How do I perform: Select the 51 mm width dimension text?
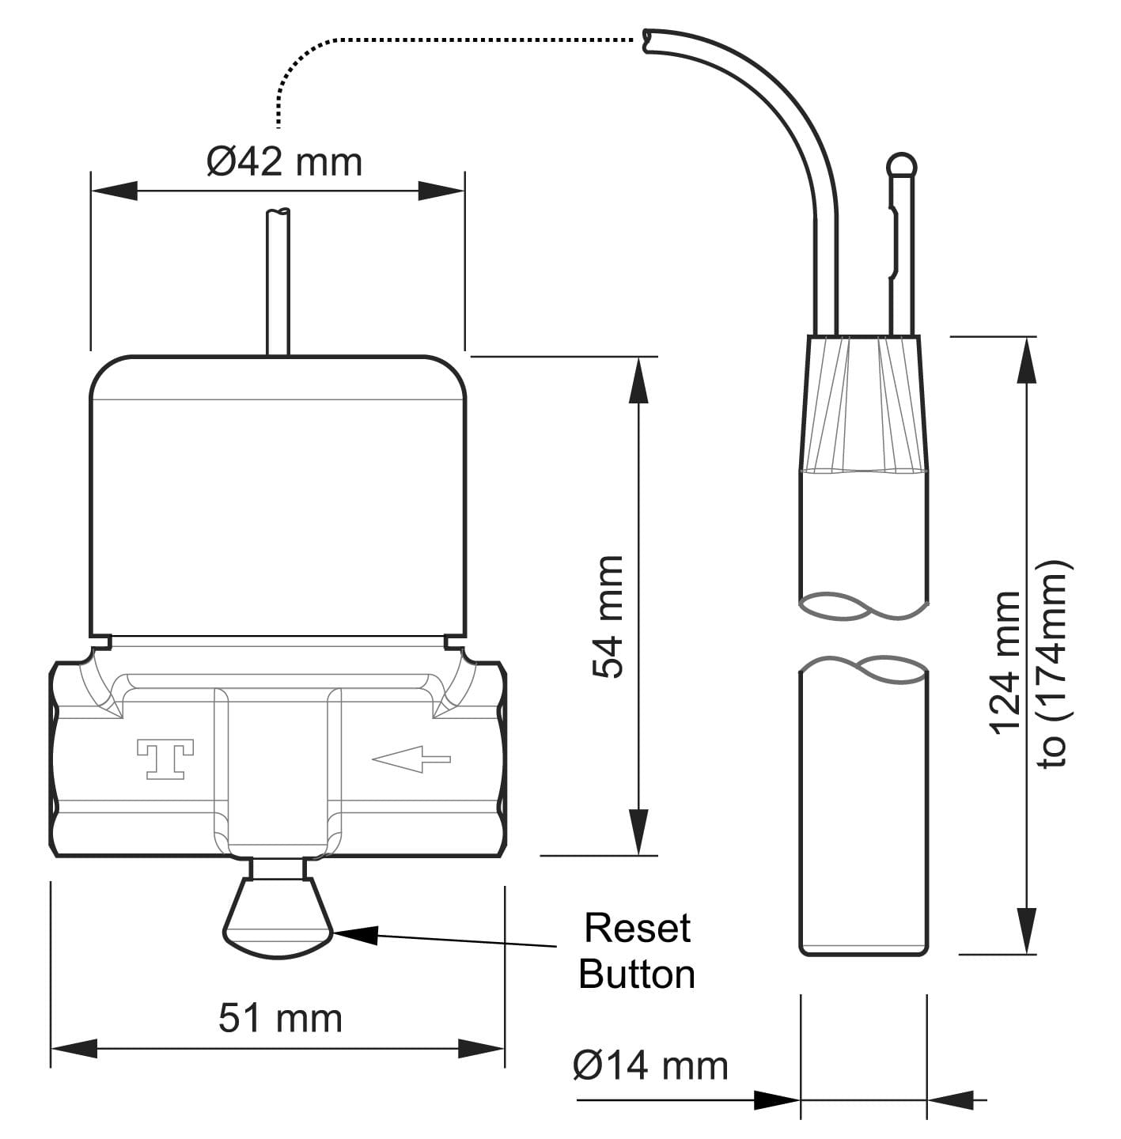click(x=280, y=1018)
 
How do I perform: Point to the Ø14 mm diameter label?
click(x=649, y=1065)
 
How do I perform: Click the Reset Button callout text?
click(x=637, y=951)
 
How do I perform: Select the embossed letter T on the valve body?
click(x=165, y=759)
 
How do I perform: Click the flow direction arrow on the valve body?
click(x=411, y=760)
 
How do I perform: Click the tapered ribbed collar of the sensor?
click(x=864, y=403)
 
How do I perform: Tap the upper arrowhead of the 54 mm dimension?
click(x=638, y=380)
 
